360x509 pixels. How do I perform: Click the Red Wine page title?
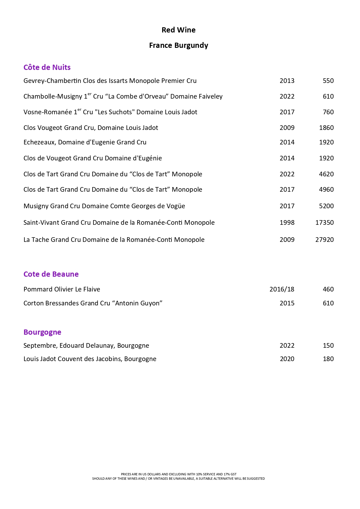click(178, 30)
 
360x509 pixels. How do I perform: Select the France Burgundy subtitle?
click(178, 46)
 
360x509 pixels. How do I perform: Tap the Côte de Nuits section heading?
click(47, 67)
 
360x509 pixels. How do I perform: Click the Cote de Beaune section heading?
click(51, 274)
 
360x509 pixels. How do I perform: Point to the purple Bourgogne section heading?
click(42, 332)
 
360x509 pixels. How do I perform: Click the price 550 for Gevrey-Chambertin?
click(328, 81)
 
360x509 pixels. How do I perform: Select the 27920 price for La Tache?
click(324, 240)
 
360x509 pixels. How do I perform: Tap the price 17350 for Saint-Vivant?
click(324, 222)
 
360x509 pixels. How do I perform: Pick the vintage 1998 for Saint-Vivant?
click(287, 222)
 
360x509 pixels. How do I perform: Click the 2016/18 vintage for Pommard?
click(282, 289)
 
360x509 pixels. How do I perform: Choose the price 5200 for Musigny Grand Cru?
click(326, 206)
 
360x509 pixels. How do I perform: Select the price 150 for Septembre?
click(328, 345)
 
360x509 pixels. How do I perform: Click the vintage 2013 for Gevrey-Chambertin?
click(287, 81)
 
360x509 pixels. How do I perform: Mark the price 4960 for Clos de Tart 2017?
click(326, 189)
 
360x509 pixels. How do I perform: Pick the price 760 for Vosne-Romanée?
click(328, 112)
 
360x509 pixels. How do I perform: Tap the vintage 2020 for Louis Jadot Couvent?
click(287, 359)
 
